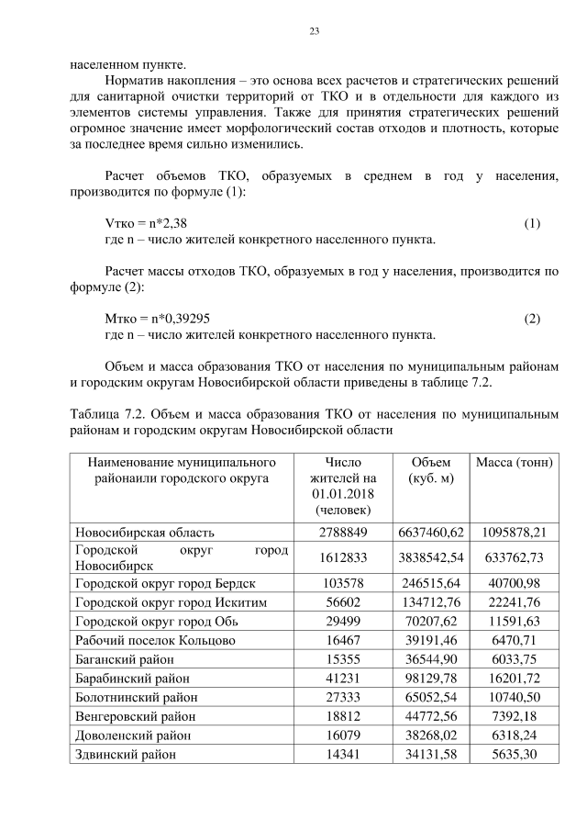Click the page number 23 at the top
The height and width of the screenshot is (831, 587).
(x=313, y=32)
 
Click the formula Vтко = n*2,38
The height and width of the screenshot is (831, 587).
(x=148, y=224)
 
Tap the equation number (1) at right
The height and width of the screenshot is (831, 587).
(x=532, y=224)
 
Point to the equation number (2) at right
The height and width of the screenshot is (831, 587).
(x=532, y=319)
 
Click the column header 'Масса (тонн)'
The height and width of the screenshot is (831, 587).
(x=514, y=462)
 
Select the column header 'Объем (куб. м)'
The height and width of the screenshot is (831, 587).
(x=431, y=470)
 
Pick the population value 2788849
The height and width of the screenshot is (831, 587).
(x=344, y=532)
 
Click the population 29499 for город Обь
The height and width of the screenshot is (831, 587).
(x=344, y=622)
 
